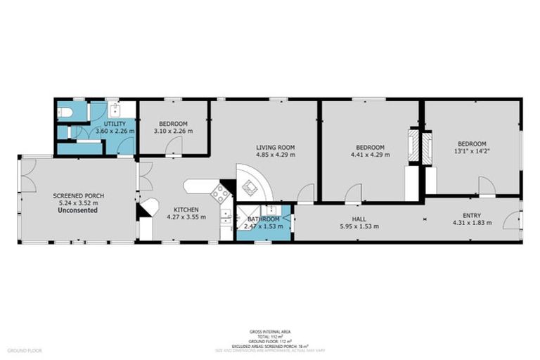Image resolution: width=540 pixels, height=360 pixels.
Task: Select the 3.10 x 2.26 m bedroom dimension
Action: coord(173,130)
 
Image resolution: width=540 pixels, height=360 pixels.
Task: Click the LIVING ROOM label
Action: coord(275,147)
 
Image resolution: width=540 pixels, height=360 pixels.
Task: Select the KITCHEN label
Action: coord(186,209)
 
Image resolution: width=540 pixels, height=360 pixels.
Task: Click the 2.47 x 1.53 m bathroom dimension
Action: coord(261,227)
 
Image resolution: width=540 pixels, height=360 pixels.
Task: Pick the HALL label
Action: coord(359,219)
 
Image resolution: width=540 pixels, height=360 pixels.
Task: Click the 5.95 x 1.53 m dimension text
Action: coord(359,226)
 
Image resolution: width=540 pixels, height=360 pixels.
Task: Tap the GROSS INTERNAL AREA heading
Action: coord(270,331)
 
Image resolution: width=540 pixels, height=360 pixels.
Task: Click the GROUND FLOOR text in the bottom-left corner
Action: coord(25,349)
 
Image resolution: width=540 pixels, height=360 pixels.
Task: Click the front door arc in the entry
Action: coord(513,221)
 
